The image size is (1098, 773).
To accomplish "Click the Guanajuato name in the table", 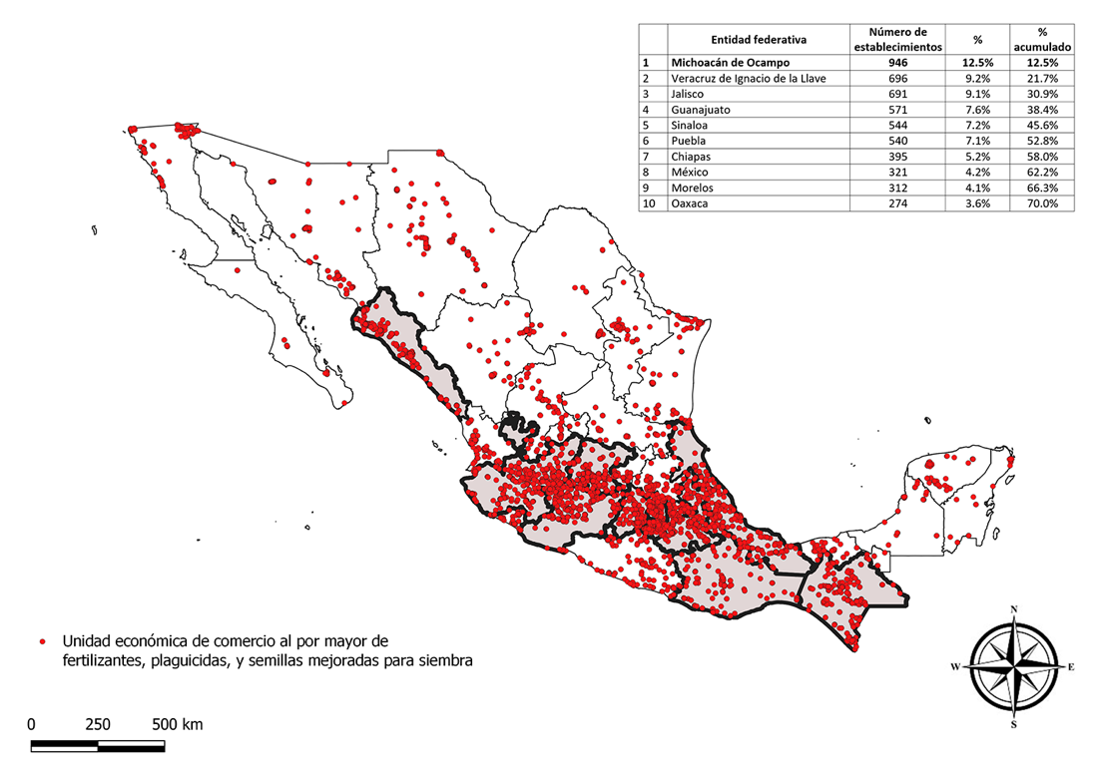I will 702,110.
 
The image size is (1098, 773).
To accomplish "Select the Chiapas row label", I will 691,157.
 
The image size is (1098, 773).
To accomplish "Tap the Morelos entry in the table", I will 692,188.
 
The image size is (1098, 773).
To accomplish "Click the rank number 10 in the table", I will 647,203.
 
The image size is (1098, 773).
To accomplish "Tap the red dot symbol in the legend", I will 42,640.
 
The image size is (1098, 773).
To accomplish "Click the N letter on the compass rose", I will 1014,609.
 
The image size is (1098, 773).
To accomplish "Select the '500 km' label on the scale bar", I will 177,724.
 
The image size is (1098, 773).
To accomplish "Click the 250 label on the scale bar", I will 98,724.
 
